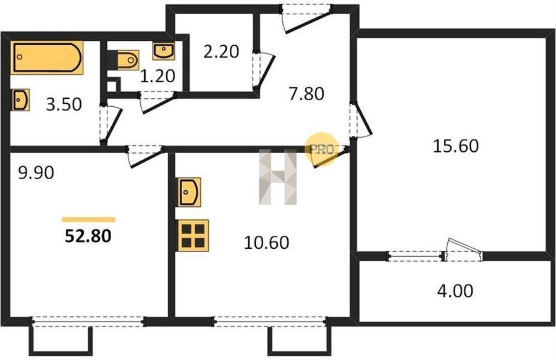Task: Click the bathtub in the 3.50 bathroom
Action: pyautogui.click(x=47, y=57)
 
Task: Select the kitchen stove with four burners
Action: pyautogui.click(x=193, y=235)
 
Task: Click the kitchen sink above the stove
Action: pyautogui.click(x=190, y=192)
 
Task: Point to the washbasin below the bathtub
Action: pyautogui.click(x=20, y=99)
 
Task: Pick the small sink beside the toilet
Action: pyautogui.click(x=164, y=51)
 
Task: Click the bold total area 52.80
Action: pyautogui.click(x=88, y=236)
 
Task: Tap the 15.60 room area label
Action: pyautogui.click(x=456, y=146)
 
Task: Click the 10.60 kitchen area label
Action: pyautogui.click(x=267, y=243)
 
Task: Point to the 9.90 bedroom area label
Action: pyautogui.click(x=36, y=173)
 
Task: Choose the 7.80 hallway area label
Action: pyautogui.click(x=306, y=94)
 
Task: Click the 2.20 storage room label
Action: pyautogui.click(x=221, y=52)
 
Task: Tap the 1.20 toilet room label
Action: pyautogui.click(x=158, y=76)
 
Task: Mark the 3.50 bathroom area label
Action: pyautogui.click(x=64, y=104)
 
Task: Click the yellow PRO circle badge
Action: pyautogui.click(x=322, y=149)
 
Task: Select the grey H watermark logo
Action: pyautogui.click(x=277, y=177)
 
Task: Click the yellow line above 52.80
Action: pyautogui.click(x=88, y=220)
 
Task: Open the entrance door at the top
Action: pyautogui.click(x=307, y=19)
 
